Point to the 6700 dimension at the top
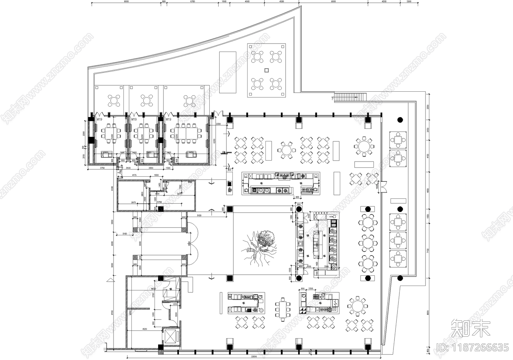coord(192,2)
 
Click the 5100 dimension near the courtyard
coord(199,216)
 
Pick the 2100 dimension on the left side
coord(125,234)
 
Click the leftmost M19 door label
coord(99,120)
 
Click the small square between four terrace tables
coord(266,70)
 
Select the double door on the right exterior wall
coord(384,187)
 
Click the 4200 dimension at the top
coord(384,2)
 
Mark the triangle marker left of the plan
coord(110,280)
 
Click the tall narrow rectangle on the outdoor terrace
coord(228,72)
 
